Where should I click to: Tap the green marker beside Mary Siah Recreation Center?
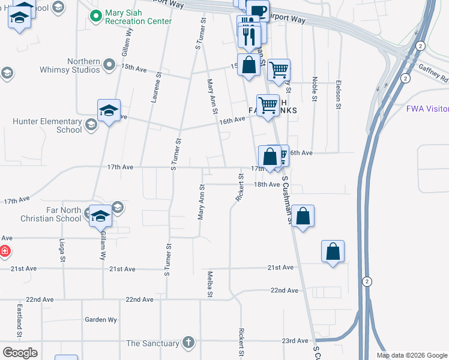95,16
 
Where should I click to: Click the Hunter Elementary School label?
47,125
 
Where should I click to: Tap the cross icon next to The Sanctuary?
188,343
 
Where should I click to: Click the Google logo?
20,353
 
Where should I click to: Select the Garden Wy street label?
100,320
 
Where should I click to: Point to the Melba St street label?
210,283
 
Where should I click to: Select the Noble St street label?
314,88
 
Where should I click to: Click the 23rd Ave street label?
295,340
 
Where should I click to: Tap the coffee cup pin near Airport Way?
258,10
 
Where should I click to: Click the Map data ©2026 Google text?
411,355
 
